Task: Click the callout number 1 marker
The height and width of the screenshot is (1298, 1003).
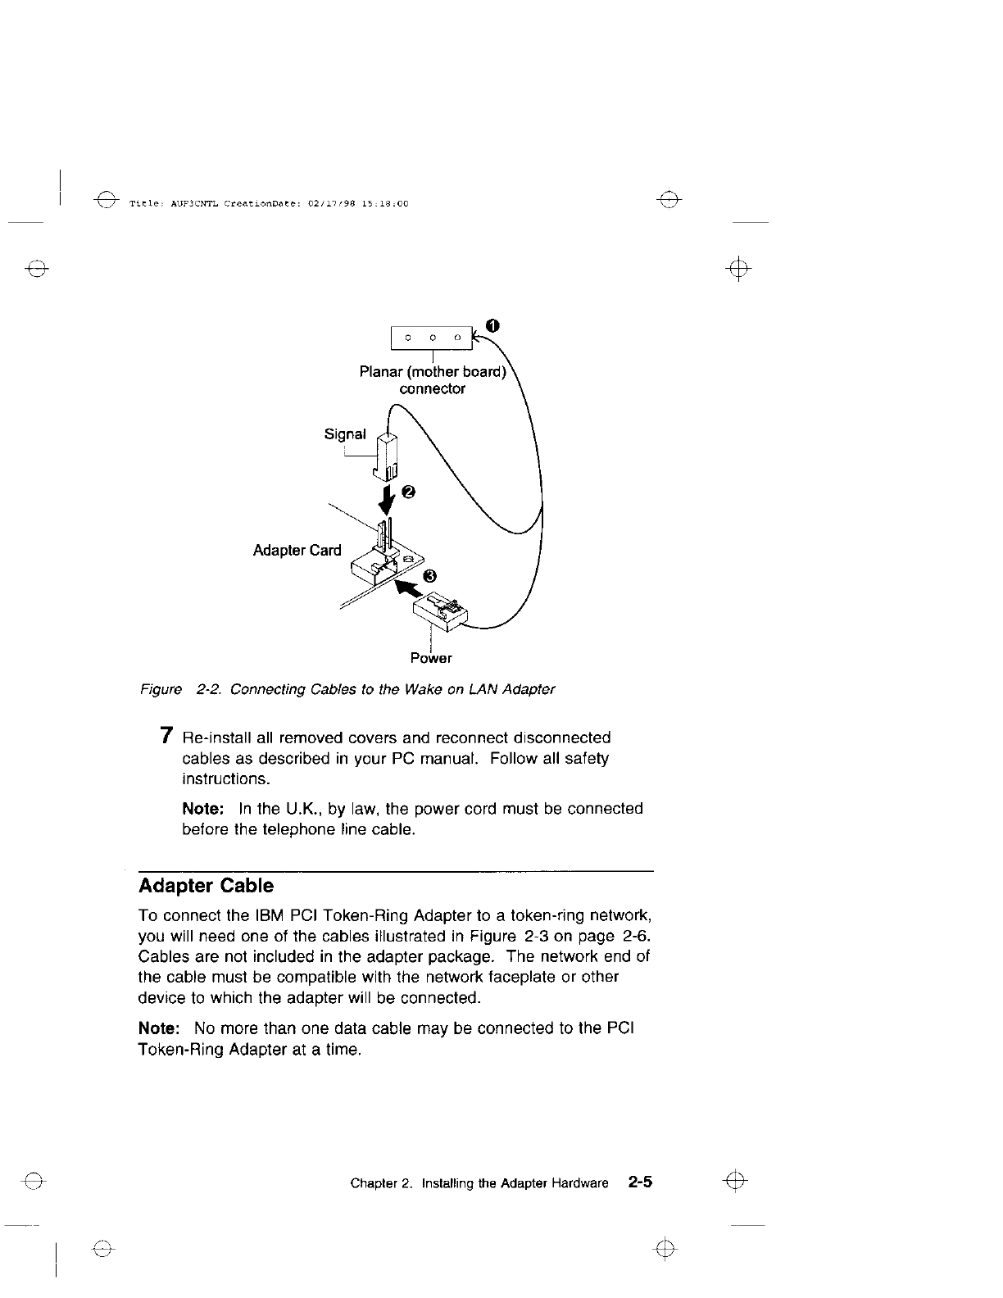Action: click(x=491, y=325)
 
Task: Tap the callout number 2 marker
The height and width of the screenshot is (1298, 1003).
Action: click(x=409, y=492)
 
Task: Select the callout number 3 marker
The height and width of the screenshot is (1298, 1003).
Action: click(x=431, y=576)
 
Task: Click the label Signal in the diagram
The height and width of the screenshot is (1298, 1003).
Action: click(x=345, y=434)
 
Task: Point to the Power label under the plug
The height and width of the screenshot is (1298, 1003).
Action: click(x=431, y=658)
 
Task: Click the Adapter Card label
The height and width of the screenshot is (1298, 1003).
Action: click(x=297, y=550)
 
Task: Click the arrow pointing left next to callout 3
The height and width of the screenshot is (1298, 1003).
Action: click(x=406, y=588)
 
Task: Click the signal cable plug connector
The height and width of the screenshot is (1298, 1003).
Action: click(x=387, y=456)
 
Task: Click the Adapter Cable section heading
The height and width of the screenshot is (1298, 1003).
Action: click(x=206, y=886)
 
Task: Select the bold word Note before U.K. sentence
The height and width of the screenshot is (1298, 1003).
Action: click(x=203, y=809)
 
